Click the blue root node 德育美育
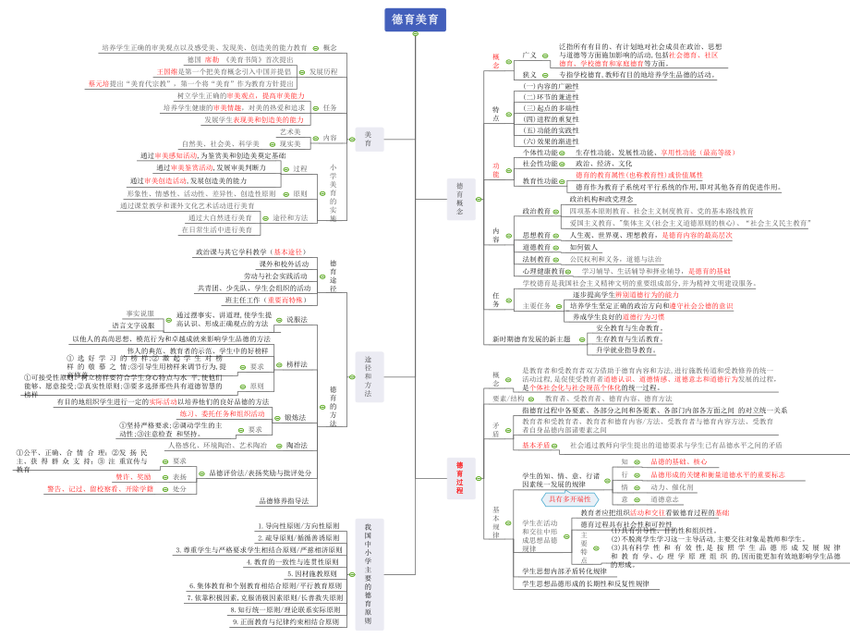(x=416, y=19)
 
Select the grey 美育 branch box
(x=368, y=138)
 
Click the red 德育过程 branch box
(x=459, y=477)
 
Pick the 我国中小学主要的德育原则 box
(x=368, y=574)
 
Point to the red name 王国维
(x=167, y=70)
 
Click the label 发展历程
(x=322, y=70)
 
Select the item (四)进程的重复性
(x=551, y=119)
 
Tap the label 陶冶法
(x=297, y=445)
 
